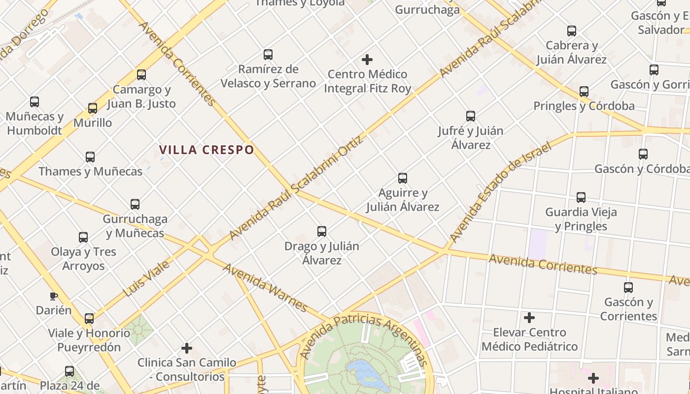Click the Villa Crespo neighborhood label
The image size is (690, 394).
[x=207, y=150]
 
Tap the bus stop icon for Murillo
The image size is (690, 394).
[x=93, y=108]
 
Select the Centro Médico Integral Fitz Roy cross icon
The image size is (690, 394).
[x=367, y=60]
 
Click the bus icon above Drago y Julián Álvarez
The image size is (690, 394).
[x=322, y=231]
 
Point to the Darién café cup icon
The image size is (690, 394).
[x=54, y=296]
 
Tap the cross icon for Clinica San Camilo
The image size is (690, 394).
[x=187, y=348]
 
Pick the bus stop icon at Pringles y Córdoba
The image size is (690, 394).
[x=584, y=91]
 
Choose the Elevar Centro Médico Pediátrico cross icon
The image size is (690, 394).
[x=529, y=318]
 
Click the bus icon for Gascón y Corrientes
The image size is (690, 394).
[x=628, y=287]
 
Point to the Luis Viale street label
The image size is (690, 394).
[x=146, y=279]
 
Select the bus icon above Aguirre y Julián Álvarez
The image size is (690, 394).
[x=403, y=178]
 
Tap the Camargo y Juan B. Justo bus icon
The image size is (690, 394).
[x=141, y=75]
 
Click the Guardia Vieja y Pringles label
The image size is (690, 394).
[x=581, y=219]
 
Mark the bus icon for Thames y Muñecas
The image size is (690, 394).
[x=90, y=157]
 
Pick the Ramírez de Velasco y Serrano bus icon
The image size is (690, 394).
[x=268, y=54]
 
